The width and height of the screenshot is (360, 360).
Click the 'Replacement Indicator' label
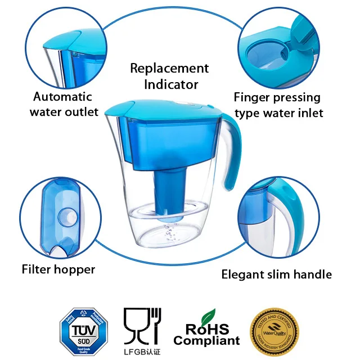click(169, 76)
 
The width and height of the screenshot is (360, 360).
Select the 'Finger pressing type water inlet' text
click(278, 105)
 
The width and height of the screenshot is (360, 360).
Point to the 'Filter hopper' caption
click(58, 269)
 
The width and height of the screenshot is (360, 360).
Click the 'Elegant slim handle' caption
click(276, 274)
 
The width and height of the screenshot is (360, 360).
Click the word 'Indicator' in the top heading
click(171, 84)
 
